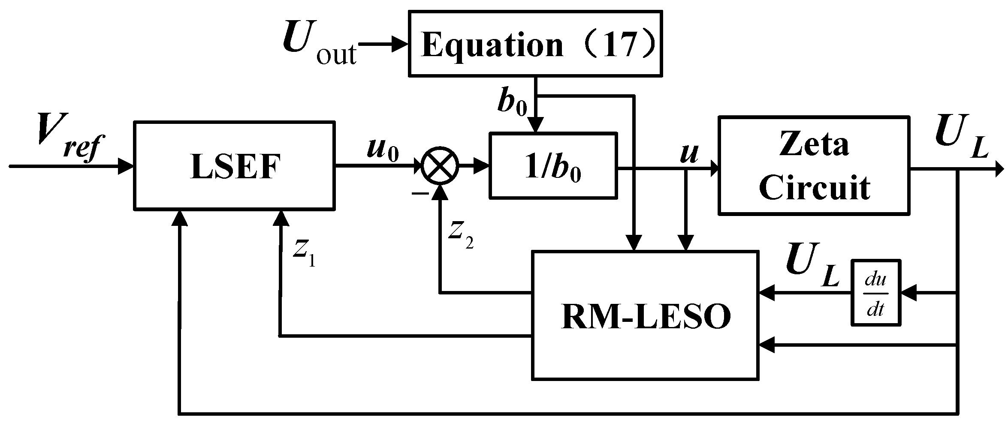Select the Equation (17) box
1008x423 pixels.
click(535, 44)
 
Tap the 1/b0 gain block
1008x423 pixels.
click(553, 165)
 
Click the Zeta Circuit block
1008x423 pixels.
click(814, 165)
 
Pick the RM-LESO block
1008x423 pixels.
click(645, 315)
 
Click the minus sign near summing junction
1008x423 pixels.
click(420, 194)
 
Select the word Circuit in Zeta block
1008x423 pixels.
click(814, 187)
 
